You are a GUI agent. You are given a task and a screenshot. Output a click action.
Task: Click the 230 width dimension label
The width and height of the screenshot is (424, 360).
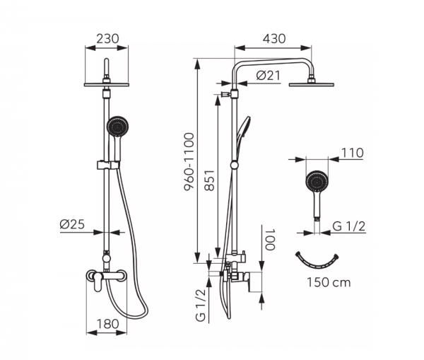107,39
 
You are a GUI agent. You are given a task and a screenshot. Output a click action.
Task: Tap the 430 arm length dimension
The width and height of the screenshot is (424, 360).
274,39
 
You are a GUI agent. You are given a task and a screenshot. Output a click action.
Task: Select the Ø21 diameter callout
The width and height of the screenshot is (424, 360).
269,76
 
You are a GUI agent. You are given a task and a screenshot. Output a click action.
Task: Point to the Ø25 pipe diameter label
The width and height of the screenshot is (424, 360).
72,224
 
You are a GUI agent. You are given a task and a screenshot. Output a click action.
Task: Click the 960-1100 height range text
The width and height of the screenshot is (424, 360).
189,162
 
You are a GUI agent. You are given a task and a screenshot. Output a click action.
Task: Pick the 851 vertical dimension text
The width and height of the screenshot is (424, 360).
210,180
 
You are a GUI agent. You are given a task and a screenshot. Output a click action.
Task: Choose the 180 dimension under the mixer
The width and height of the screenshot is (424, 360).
107,324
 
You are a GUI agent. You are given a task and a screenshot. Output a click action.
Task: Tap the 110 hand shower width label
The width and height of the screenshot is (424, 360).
352,153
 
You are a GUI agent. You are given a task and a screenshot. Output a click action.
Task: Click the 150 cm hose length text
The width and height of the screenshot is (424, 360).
329,283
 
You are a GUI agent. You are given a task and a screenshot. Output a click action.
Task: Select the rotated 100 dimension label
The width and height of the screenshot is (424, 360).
269,240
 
